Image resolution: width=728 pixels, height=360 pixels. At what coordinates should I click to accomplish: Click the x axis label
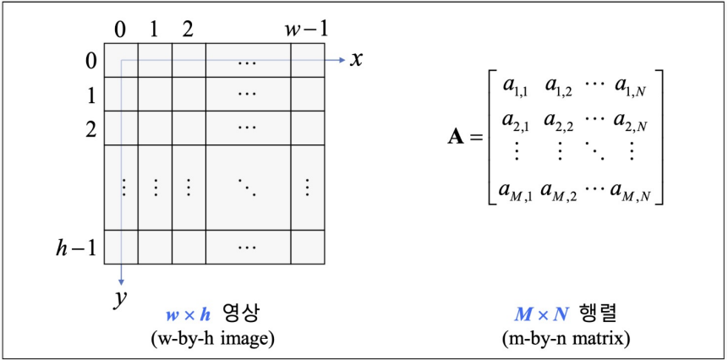357,59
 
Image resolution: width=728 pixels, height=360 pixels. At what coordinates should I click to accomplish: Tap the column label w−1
305,31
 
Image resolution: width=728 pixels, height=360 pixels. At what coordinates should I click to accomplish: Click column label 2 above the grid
187,31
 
